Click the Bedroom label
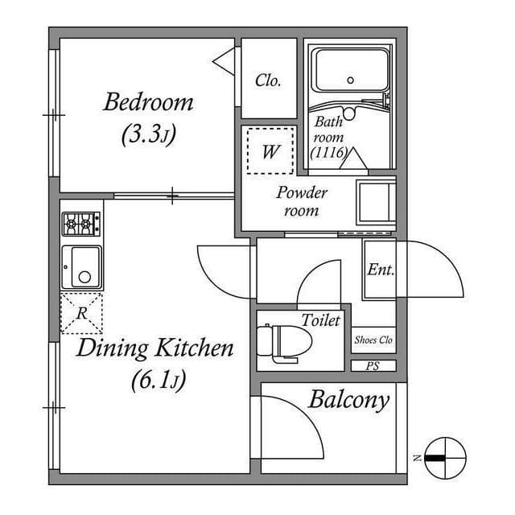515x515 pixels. [149, 103]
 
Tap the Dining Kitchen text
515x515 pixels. [154, 348]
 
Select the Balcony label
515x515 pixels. [348, 399]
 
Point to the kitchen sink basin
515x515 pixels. [81, 267]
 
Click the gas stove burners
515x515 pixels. [81, 223]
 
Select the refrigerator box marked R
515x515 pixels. [81, 313]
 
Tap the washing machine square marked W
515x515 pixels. [270, 150]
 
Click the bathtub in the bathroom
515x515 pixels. [350, 71]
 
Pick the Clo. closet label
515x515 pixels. [268, 80]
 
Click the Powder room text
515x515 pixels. [302, 202]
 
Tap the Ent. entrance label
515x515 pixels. [380, 270]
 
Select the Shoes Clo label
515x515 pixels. [373, 340]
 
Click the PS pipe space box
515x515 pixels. [373, 365]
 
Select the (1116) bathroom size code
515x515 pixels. [328, 152]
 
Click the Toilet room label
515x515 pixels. [320, 320]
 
